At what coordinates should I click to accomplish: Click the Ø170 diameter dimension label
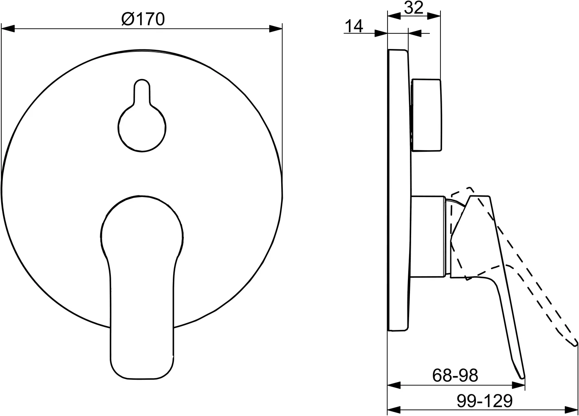pos(143,19)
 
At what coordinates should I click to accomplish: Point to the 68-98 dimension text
pos(455,375)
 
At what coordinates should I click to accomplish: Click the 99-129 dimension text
pos(484,401)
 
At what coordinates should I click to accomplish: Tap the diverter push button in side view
pos(426,115)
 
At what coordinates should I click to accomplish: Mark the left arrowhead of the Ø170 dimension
pos(8,29)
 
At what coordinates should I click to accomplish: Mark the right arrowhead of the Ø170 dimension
pos(276,29)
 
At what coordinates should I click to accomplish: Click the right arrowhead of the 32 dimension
pos(434,16)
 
